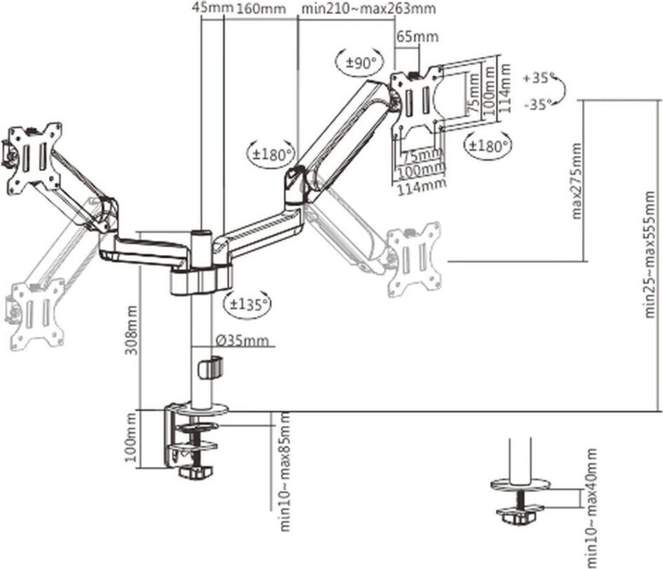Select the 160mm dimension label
[x=260, y=8]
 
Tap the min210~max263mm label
[x=368, y=8]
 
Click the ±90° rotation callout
[x=361, y=64]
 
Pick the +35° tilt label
[x=539, y=78]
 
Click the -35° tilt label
[x=538, y=104]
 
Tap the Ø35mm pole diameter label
[x=242, y=340]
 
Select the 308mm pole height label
[x=132, y=330]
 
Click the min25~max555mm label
[x=650, y=254]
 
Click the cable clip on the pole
[x=210, y=368]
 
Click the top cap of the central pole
[x=202, y=232]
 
